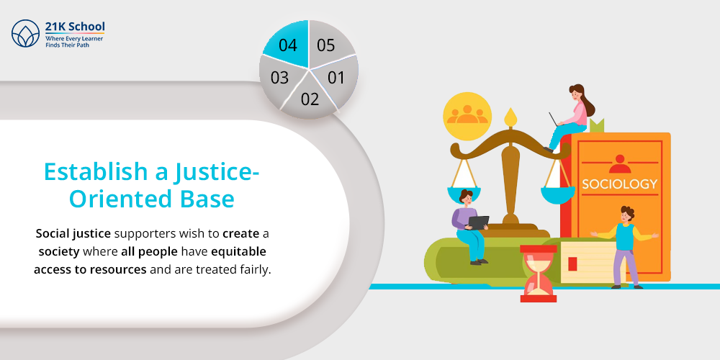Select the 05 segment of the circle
[x=328, y=45]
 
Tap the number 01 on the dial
[x=336, y=78]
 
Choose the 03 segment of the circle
[x=280, y=78]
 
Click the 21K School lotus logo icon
[x=26, y=34]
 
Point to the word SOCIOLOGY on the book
[x=619, y=184]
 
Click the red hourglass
[x=538, y=273]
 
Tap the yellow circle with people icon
[x=467, y=116]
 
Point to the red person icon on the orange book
[x=619, y=163]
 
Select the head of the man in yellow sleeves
[x=627, y=215]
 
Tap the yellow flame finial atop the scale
[x=510, y=117]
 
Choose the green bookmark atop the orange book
[x=597, y=125]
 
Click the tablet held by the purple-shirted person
[x=479, y=222]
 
